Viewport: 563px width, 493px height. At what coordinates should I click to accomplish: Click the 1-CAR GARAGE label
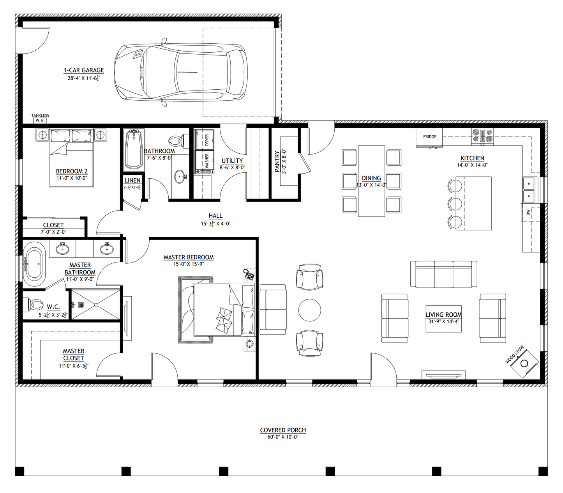point(84,70)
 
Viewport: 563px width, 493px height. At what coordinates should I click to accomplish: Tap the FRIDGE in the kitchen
point(429,137)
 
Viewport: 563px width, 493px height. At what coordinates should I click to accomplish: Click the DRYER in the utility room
point(205,140)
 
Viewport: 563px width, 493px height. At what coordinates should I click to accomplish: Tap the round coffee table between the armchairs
point(310,310)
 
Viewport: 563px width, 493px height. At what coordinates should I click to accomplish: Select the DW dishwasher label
point(528,213)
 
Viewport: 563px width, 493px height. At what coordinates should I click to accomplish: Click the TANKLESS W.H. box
point(40,121)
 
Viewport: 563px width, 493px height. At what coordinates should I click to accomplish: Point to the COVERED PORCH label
point(283,430)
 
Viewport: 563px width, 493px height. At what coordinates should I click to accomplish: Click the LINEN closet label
point(132,180)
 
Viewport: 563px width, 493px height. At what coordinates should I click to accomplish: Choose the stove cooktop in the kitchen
point(482,137)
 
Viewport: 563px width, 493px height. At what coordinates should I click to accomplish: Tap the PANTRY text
point(277,161)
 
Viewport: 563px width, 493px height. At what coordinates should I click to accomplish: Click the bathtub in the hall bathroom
point(134,150)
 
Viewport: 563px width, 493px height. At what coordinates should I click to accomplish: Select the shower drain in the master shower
point(81,305)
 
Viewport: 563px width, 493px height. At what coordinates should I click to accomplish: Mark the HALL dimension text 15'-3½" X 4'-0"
point(215,224)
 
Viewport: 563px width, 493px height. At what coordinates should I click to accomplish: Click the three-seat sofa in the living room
point(443,274)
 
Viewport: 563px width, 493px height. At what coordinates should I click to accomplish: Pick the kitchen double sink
point(529,190)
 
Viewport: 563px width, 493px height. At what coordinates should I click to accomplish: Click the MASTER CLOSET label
point(74,355)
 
